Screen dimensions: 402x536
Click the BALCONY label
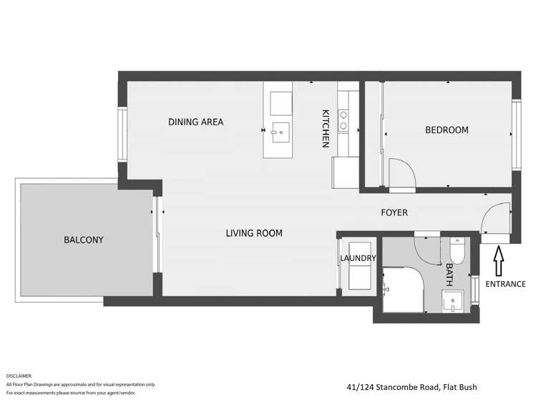tap(83, 240)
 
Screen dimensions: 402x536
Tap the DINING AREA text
tap(195, 122)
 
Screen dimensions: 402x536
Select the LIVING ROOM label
tap(253, 233)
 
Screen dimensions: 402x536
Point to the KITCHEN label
tap(325, 129)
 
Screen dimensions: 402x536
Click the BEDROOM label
tap(447, 130)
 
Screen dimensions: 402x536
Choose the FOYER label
tap(394, 212)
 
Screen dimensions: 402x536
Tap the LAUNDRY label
tap(358, 258)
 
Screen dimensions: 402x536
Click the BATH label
tap(449, 275)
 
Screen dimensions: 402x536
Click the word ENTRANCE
tap(505, 284)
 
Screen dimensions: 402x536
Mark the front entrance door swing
tap(497, 218)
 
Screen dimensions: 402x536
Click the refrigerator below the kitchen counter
tap(342, 172)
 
